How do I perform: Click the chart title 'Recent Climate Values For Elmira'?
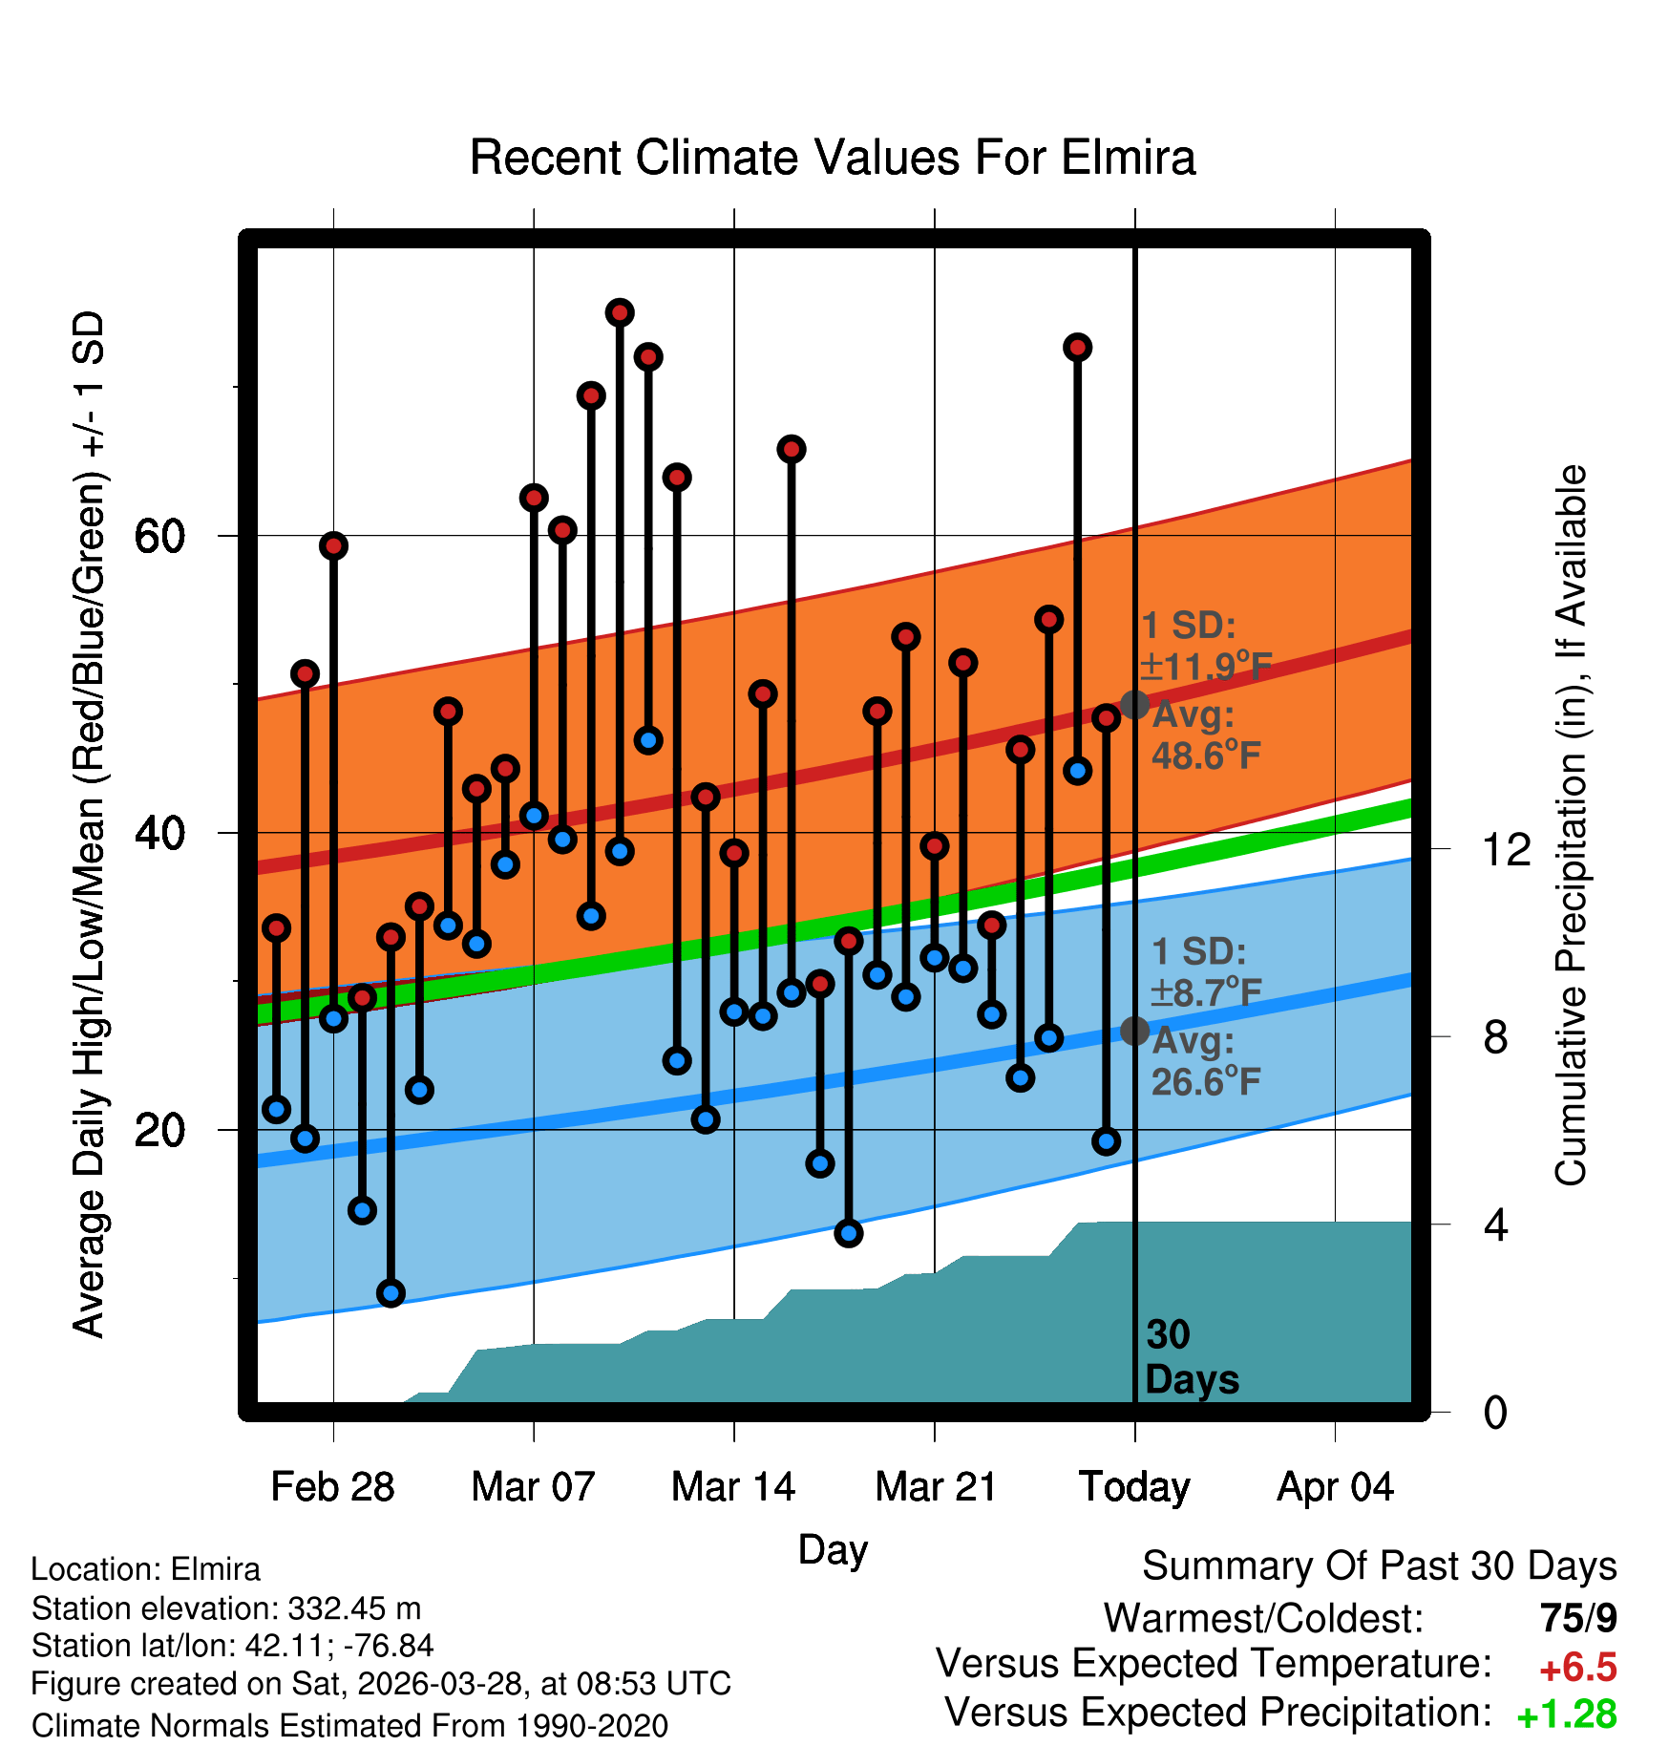833,158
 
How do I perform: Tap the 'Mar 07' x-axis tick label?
533,1487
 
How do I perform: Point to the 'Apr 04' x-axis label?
1336,1487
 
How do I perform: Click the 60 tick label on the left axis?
159,536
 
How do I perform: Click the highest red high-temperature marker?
620,312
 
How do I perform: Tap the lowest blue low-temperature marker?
391,1293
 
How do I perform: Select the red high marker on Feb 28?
333,545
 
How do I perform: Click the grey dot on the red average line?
1134,705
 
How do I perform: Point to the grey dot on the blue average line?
1134,1031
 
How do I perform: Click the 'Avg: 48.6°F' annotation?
1206,735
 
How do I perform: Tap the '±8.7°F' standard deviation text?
1206,993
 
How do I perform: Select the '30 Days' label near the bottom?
1192,1357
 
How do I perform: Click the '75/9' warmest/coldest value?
1578,1618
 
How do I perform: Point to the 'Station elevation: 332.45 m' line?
226,1608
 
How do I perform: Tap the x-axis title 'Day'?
833,1550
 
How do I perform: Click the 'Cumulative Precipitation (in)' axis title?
1571,825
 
